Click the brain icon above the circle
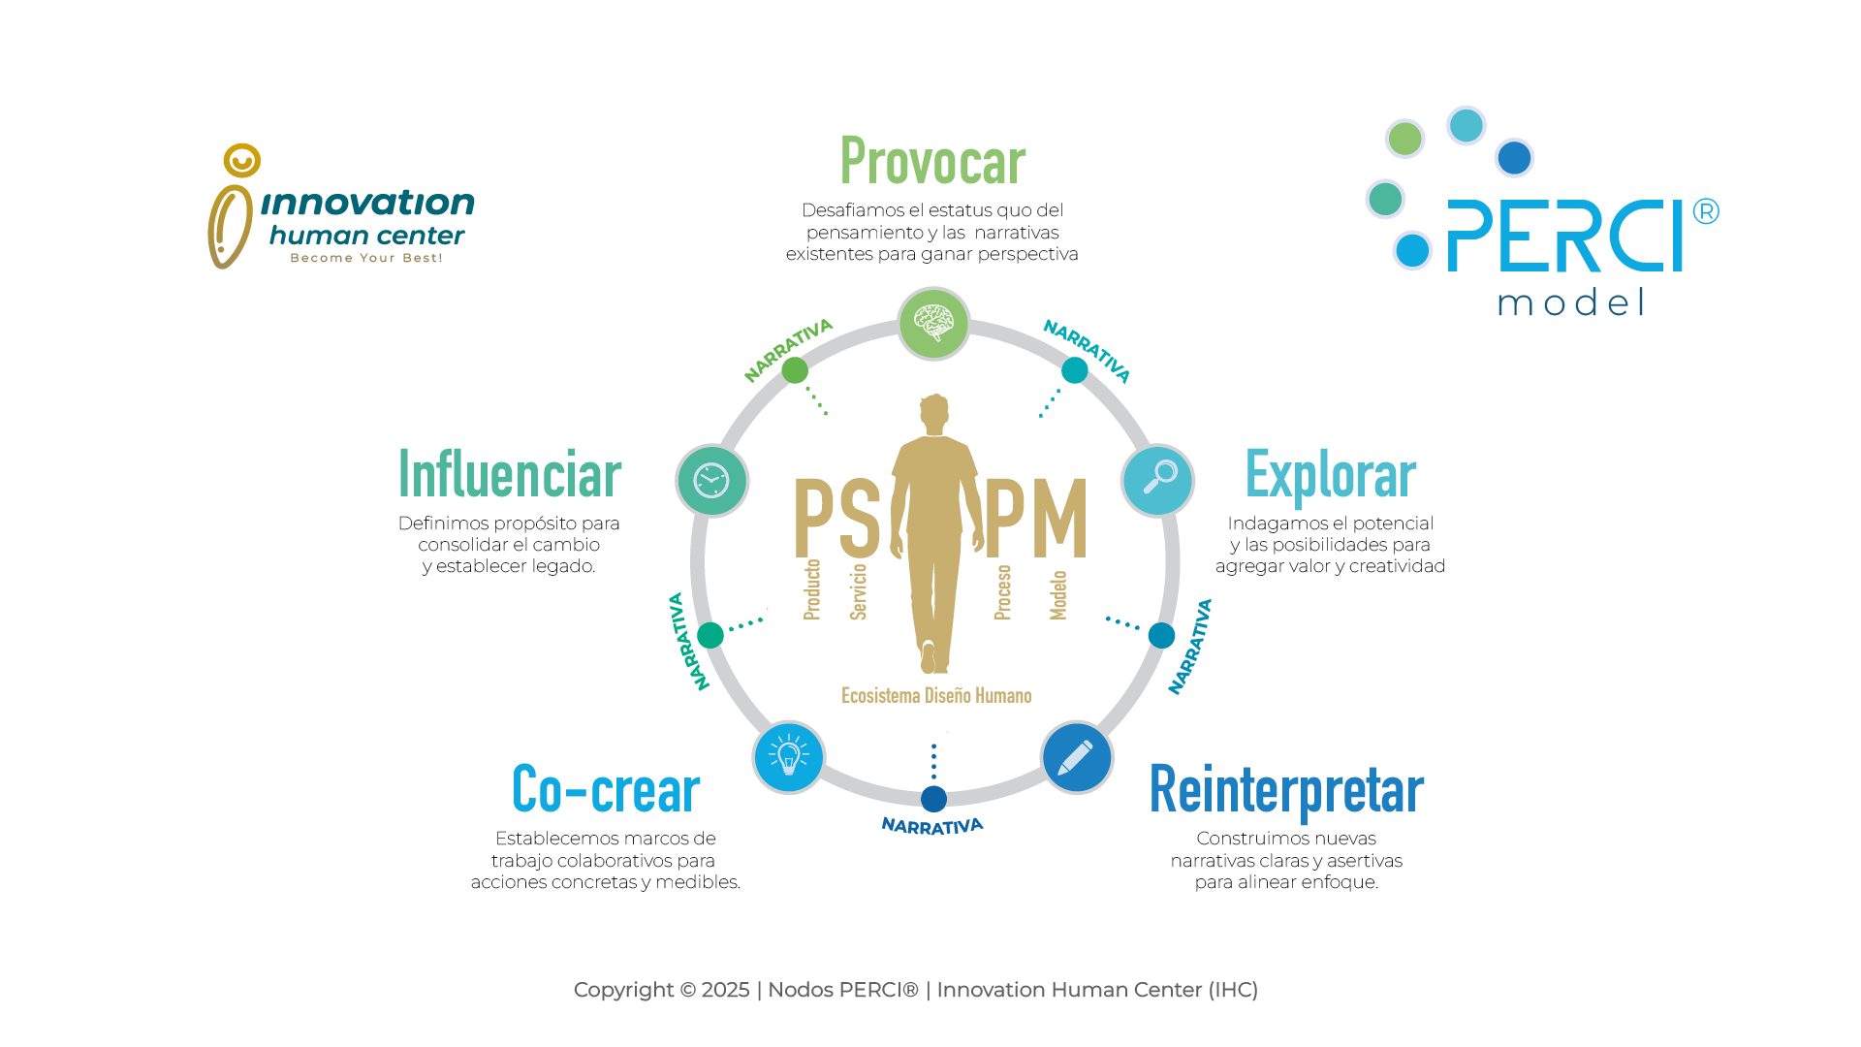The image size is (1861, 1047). [933, 323]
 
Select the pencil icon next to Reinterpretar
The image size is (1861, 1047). [1076, 757]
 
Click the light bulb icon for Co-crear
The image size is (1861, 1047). [788, 755]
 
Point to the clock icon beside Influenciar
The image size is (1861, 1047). [711, 480]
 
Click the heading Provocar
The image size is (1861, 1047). [932, 161]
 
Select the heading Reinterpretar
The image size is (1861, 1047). [1286, 789]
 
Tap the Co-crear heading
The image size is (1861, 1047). [606, 789]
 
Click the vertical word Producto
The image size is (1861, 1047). [812, 588]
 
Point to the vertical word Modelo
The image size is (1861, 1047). [1058, 594]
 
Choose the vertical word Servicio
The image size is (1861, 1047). [858, 591]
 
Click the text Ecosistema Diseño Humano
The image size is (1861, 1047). [936, 695]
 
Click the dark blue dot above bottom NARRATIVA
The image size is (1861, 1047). [933, 799]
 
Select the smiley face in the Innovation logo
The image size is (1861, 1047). [241, 160]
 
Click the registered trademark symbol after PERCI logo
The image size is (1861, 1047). [1706, 211]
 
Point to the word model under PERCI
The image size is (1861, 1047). [1571, 302]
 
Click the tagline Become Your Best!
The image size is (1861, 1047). [366, 258]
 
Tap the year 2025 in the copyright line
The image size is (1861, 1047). [725, 990]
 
